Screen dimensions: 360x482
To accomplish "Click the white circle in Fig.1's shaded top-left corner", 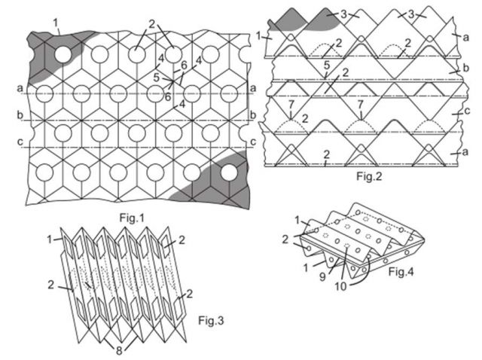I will tap(63, 54).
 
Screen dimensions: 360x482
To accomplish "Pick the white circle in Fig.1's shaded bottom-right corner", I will tap(229, 172).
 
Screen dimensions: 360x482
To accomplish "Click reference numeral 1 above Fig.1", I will tap(56, 23).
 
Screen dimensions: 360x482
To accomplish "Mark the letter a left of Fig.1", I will tap(18, 88).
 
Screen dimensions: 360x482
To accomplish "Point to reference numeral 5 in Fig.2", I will tap(325, 66).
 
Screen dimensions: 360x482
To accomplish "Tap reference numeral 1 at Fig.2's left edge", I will tap(259, 35).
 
